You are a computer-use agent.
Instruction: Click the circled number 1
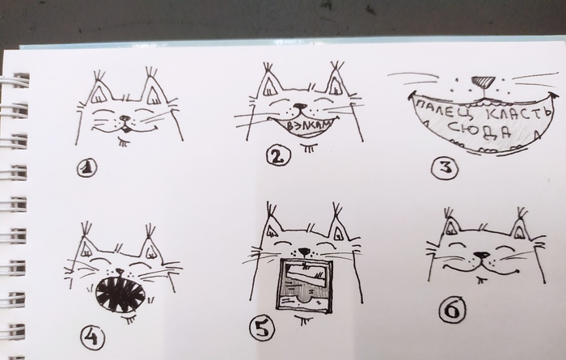click(87, 168)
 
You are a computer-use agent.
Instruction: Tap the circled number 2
click(278, 156)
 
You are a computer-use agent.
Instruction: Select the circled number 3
click(445, 168)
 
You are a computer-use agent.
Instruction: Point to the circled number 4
click(92, 338)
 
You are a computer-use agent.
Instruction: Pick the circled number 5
click(263, 328)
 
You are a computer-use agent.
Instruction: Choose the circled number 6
click(452, 310)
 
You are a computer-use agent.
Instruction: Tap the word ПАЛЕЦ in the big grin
click(446, 108)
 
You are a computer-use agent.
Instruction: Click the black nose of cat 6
click(482, 256)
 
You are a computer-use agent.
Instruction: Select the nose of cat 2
click(300, 107)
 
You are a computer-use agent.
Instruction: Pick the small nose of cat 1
click(125, 118)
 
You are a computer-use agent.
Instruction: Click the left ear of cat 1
click(99, 91)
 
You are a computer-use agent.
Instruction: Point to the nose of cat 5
click(304, 252)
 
